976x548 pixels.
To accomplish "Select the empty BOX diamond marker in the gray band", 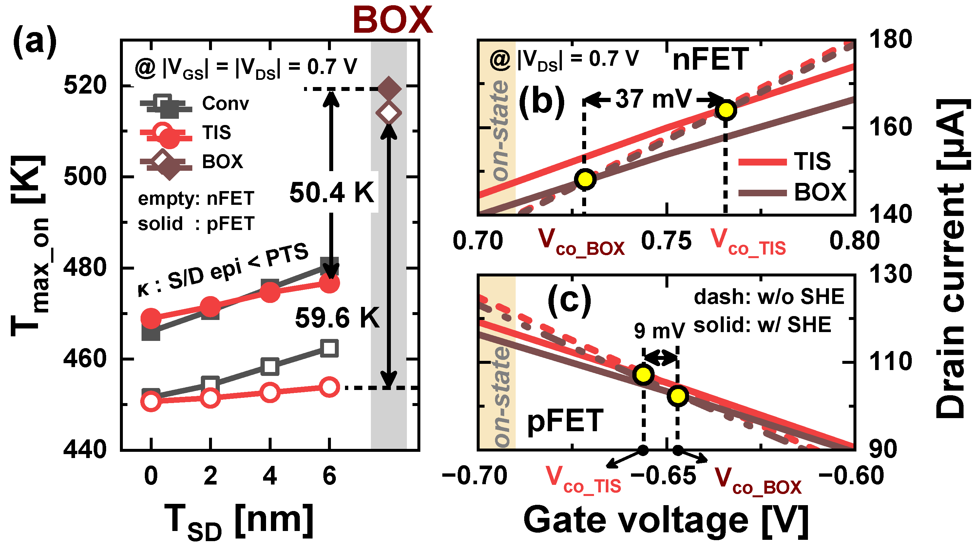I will pos(388,113).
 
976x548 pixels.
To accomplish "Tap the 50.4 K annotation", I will pos(332,192).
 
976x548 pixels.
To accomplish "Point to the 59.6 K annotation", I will pos(337,318).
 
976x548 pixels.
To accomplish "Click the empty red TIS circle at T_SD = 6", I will pos(329,387).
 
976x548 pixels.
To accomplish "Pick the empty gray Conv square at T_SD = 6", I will pos(329,348).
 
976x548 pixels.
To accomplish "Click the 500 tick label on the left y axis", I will pos(85,176).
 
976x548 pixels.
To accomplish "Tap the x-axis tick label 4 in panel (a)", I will pos(270,476).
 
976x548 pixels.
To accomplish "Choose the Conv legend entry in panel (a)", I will pos(225,103).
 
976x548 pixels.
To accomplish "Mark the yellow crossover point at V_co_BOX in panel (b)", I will pos(585,179).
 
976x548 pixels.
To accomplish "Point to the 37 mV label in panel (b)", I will pos(653,99).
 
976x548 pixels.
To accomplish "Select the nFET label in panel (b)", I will pos(710,60).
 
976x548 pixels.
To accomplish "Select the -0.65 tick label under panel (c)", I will pos(664,476).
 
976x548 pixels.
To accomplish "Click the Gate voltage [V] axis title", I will pos(666,521).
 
